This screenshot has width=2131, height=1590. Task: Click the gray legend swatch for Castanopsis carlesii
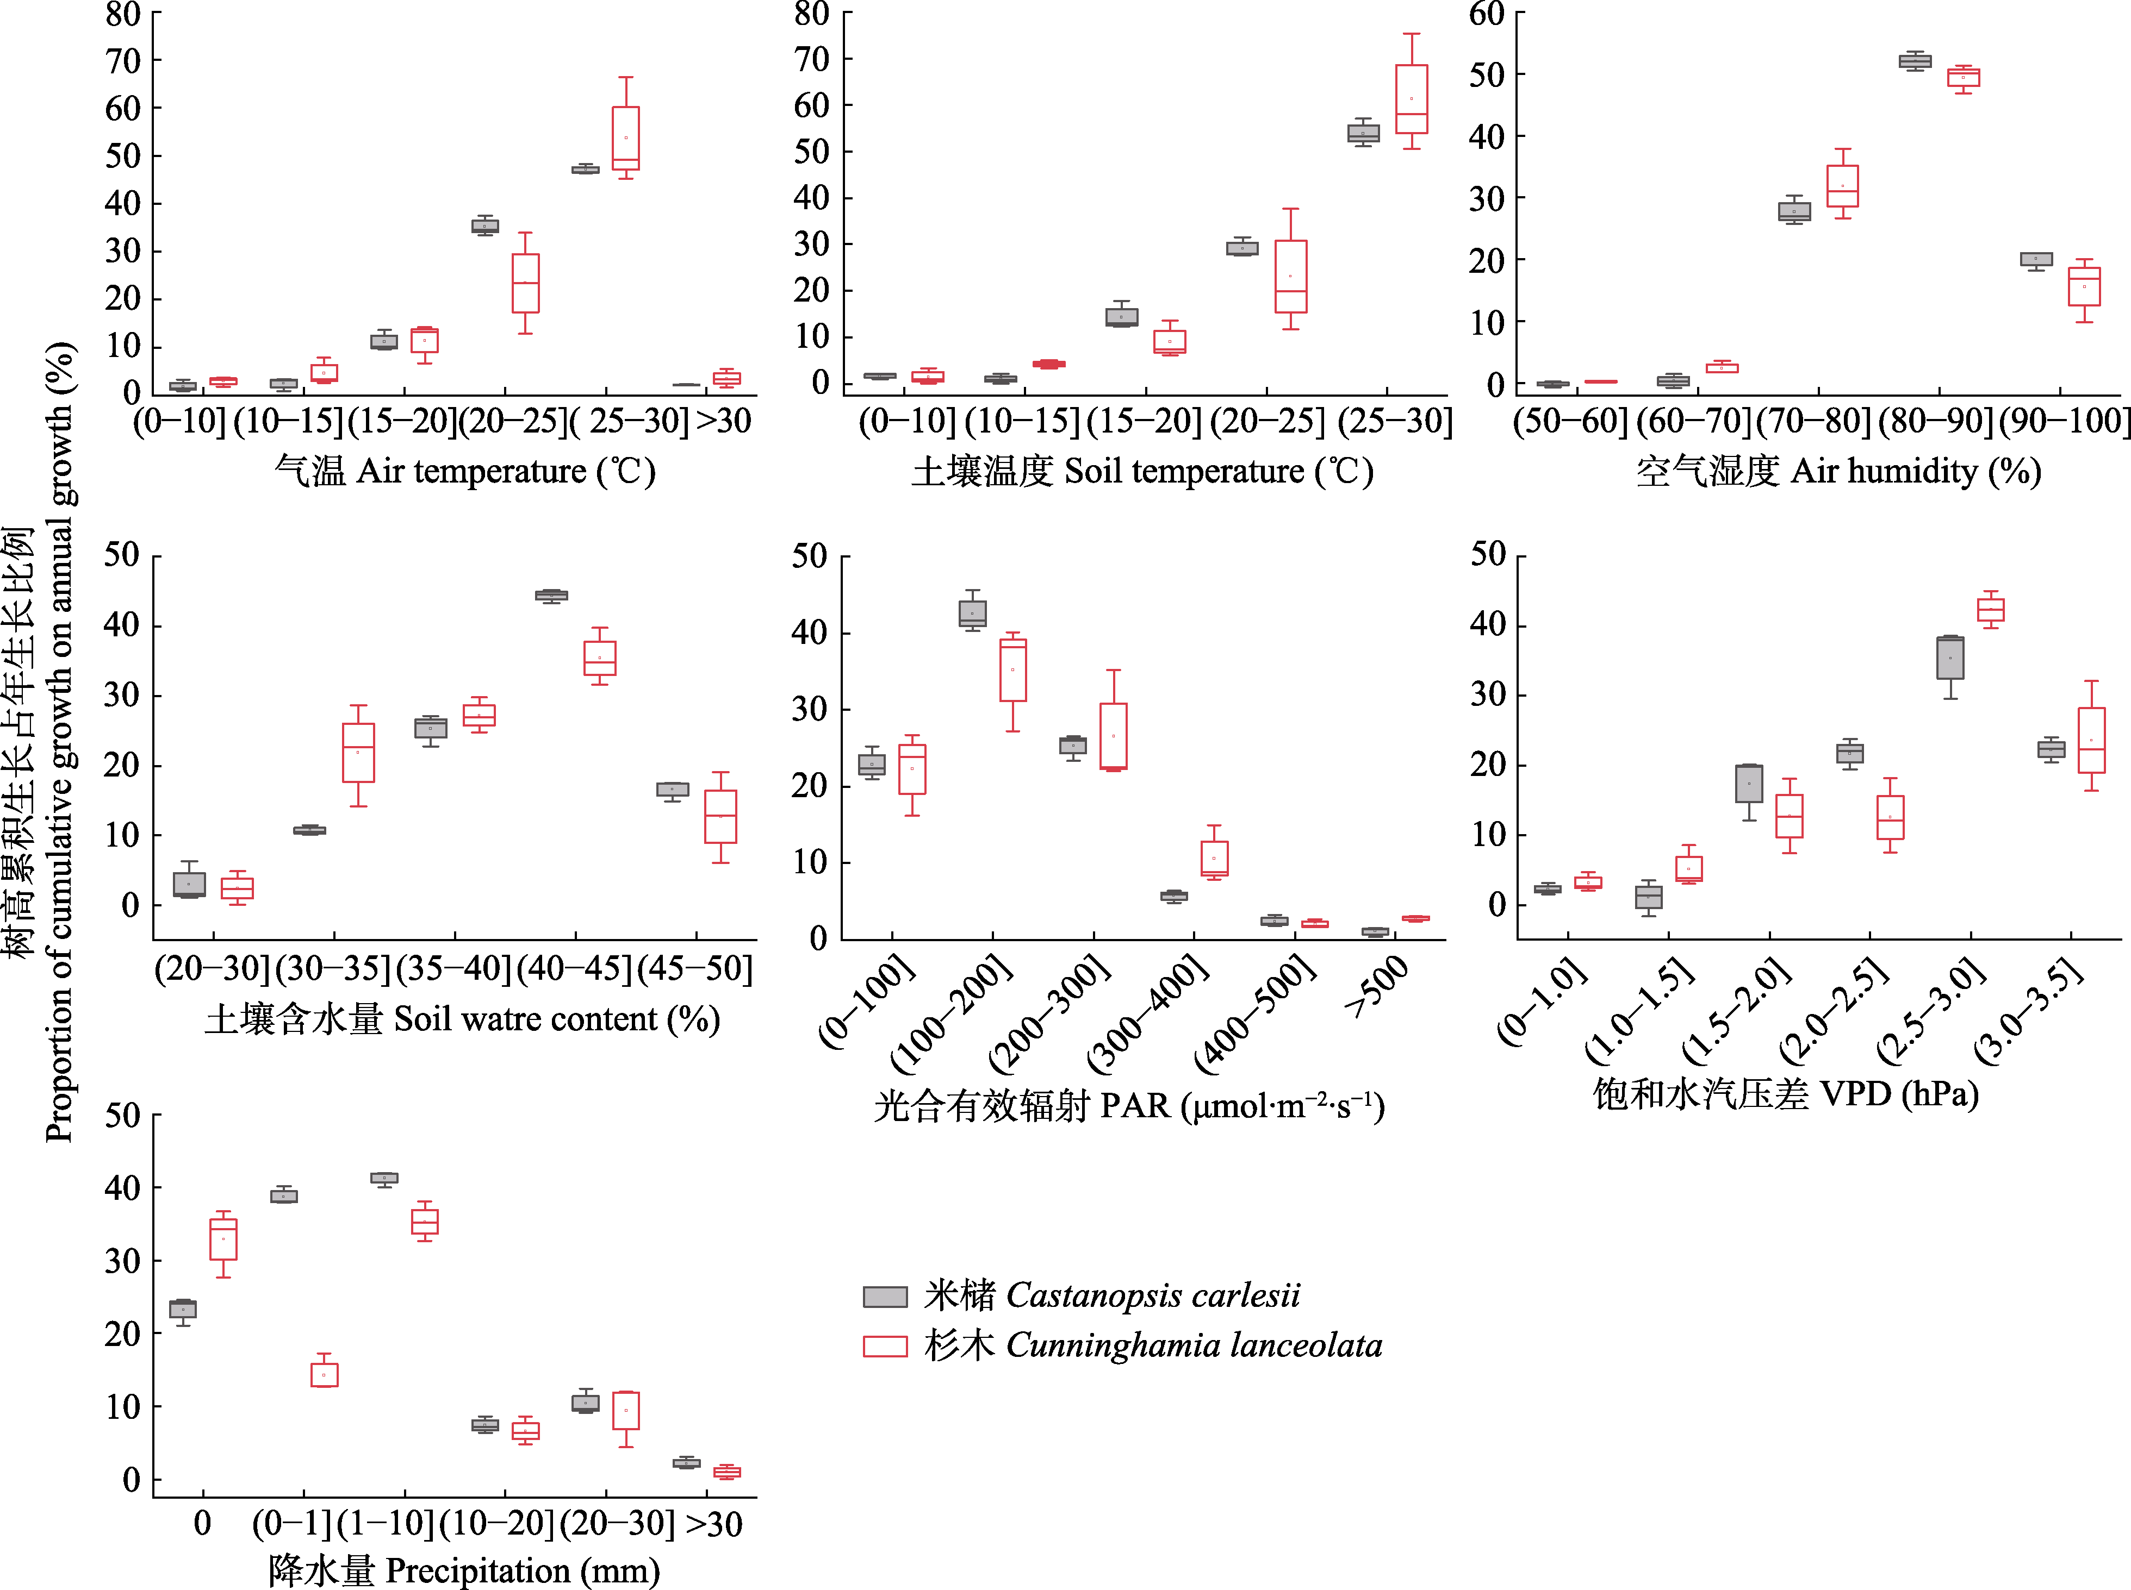[x=884, y=1297]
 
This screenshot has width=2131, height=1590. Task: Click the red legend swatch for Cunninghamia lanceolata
[x=884, y=1345]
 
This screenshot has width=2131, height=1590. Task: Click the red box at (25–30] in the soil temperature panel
[x=1412, y=99]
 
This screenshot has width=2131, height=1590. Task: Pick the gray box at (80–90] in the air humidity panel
[x=1915, y=61]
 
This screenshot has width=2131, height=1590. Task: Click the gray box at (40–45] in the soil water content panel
[x=551, y=596]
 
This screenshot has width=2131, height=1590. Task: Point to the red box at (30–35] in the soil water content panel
[x=358, y=753]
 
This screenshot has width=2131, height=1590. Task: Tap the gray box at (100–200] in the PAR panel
[x=973, y=613]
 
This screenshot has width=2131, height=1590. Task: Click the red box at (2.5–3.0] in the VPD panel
[x=1990, y=610]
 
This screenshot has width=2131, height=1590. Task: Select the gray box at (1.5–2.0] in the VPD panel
[x=1749, y=784]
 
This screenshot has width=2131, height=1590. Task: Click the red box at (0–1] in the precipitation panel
[x=325, y=1374]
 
